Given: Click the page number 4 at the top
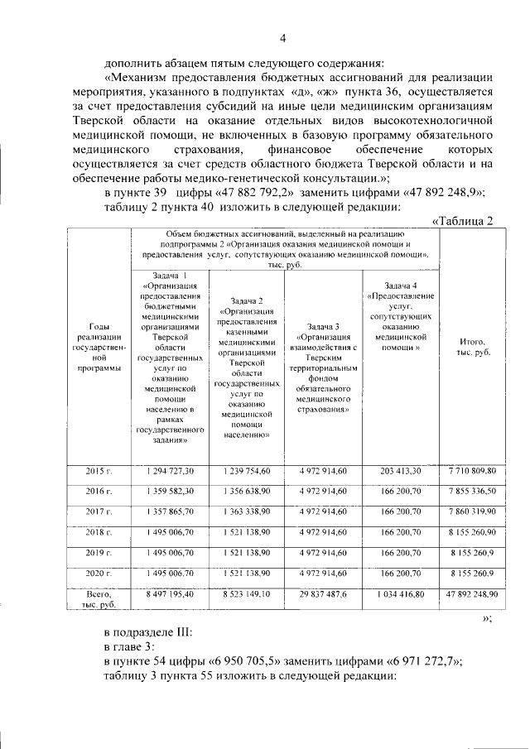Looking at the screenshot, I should tap(282, 38).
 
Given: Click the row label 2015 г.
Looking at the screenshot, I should tap(99, 470).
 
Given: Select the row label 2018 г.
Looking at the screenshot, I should tap(99, 531).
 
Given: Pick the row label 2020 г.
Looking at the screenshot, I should tap(99, 572).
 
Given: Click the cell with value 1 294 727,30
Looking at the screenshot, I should tap(170, 470).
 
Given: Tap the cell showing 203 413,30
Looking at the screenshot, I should tap(401, 470).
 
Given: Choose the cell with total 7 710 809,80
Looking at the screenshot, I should tap(472, 470).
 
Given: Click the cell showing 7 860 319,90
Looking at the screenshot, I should tap(472, 511).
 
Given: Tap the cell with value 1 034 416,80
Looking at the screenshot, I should tap(401, 593).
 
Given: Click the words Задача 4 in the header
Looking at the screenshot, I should tap(401, 286).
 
